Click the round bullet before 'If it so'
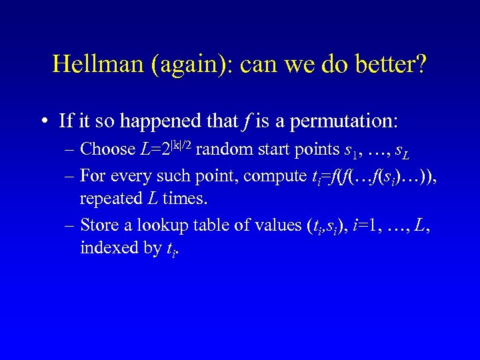tap(43, 121)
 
